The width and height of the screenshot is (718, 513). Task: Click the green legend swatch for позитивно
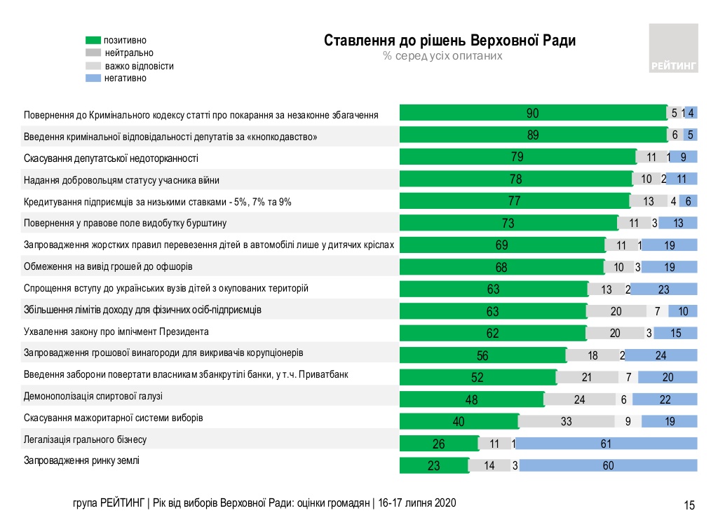[93, 40]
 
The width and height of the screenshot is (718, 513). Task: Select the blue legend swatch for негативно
[93, 78]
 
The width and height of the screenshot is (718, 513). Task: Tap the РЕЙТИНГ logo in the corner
[673, 48]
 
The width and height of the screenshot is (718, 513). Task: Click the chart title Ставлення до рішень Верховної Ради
[449, 41]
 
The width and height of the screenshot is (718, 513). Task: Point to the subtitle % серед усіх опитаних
[442, 56]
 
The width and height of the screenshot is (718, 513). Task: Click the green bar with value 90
[533, 114]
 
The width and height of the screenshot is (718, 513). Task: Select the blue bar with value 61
[607, 443]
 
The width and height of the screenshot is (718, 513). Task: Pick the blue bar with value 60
[608, 465]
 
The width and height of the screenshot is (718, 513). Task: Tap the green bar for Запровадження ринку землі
[433, 465]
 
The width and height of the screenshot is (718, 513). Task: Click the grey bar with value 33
[567, 421]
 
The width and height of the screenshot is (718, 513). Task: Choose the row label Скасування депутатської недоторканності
[111, 158]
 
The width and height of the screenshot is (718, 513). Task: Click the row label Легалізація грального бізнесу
[85, 440]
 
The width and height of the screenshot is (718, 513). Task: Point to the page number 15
[689, 505]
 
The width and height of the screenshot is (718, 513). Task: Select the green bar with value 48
[471, 399]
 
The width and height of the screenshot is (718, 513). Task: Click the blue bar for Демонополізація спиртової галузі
[665, 399]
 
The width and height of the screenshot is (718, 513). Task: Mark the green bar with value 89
[533, 136]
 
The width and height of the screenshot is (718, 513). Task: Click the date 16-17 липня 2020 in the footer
[417, 503]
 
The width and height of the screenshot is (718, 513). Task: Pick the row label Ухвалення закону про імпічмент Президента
[116, 331]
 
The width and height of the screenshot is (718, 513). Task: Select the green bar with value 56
[482, 355]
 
